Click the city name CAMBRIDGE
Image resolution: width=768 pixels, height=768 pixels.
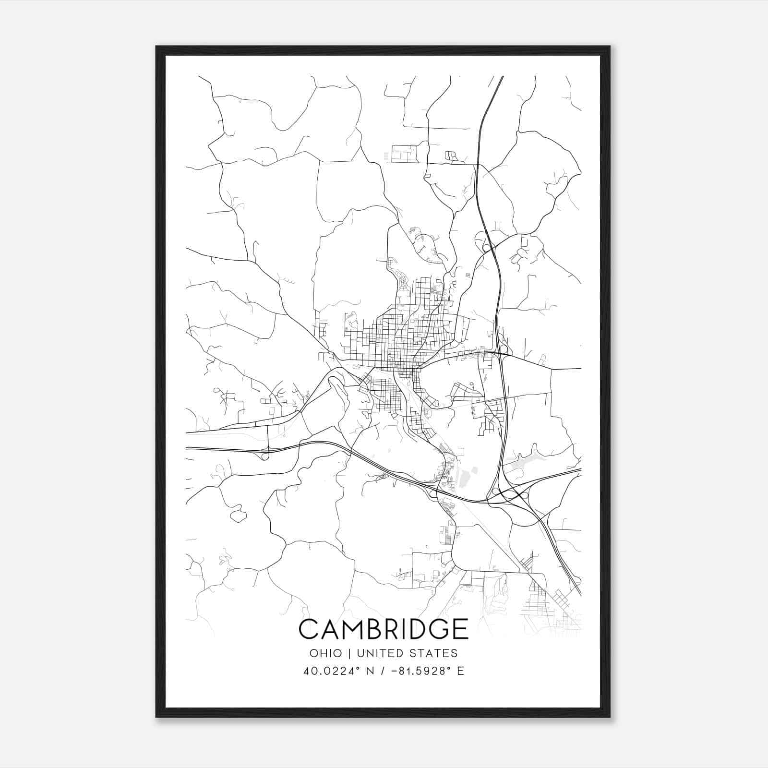pyautogui.click(x=383, y=629)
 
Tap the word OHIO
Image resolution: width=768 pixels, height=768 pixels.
pyautogui.click(x=326, y=653)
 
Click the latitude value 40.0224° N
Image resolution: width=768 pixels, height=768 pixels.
pyautogui.click(x=338, y=671)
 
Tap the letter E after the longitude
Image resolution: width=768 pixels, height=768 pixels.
pyautogui.click(x=461, y=671)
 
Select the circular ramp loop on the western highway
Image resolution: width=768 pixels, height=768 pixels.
pyautogui.click(x=264, y=456)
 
